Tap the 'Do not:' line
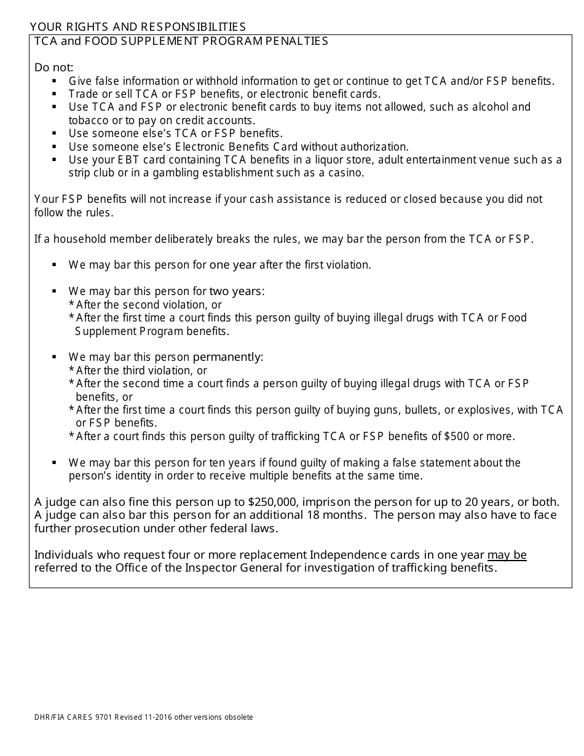point(54,68)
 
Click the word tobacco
point(89,120)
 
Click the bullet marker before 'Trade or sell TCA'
point(55,94)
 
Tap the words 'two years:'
point(237,291)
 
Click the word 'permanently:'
point(228,357)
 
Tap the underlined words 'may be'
point(507,555)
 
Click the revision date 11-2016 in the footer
point(156,717)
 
